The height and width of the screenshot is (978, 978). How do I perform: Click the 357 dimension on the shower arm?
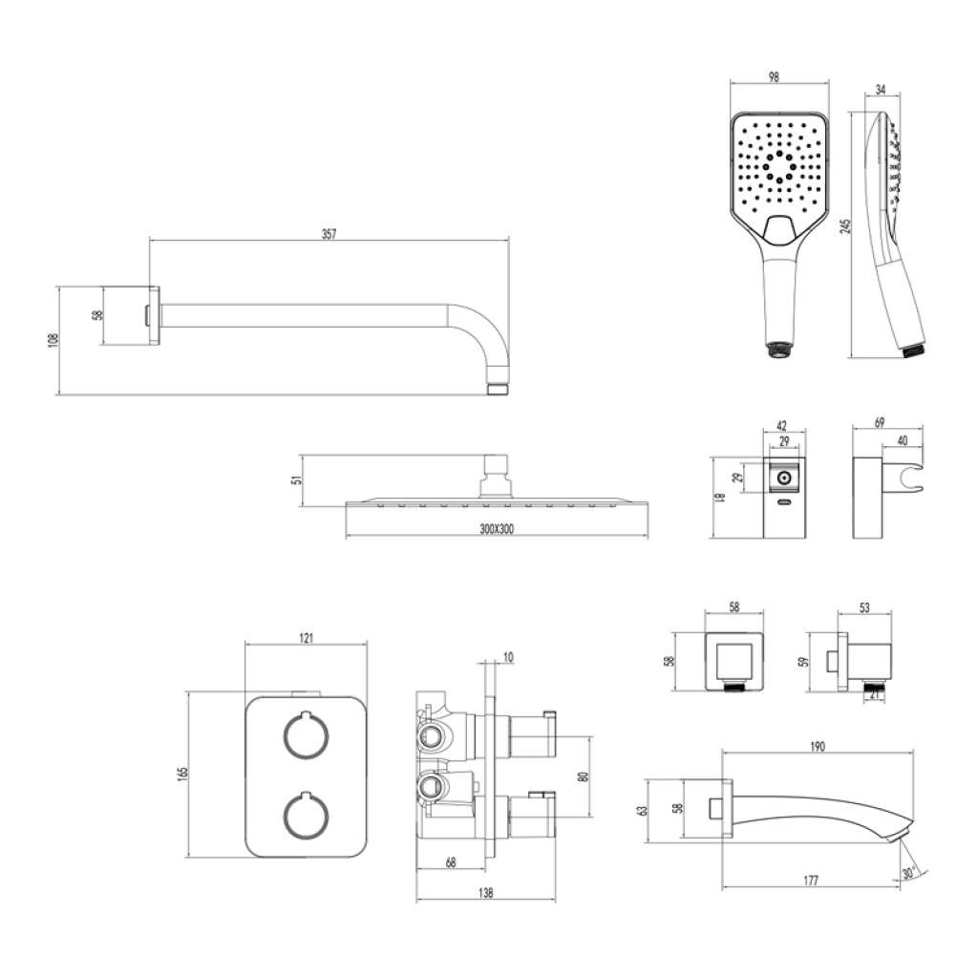click(x=329, y=234)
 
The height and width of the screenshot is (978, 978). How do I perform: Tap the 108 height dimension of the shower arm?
click(x=53, y=340)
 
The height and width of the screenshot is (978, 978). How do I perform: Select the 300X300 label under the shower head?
click(x=497, y=529)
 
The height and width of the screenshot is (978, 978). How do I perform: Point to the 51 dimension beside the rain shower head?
click(x=298, y=479)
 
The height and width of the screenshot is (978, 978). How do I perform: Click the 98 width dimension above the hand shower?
click(x=774, y=77)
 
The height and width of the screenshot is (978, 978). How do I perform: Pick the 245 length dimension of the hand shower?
click(x=845, y=225)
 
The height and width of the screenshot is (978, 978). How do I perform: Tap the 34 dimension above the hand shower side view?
click(x=880, y=90)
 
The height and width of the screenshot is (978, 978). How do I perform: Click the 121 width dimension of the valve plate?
click(x=307, y=638)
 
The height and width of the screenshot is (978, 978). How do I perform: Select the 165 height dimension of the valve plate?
click(x=182, y=774)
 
